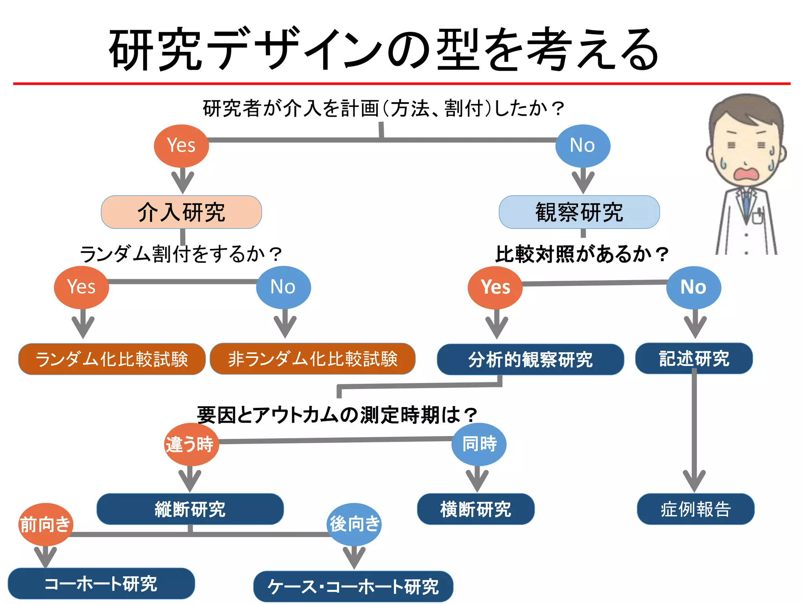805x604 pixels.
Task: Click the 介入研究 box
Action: pyautogui.click(x=181, y=212)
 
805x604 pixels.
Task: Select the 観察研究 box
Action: pyautogui.click(x=579, y=212)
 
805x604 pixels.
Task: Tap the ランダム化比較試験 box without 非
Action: pyautogui.click(x=112, y=359)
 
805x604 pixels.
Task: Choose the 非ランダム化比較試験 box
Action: pyautogui.click(x=312, y=359)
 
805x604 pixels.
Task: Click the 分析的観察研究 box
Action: pyautogui.click(x=530, y=359)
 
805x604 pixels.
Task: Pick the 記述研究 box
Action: pyautogui.click(x=694, y=358)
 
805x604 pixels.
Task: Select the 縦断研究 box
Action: pyautogui.click(x=190, y=509)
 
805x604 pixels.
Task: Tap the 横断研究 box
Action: pyautogui.click(x=476, y=509)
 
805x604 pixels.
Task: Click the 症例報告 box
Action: pyautogui.click(x=695, y=509)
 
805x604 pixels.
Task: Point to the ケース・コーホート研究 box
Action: pyautogui.click(x=353, y=586)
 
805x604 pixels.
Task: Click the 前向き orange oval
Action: pyautogui.click(x=46, y=524)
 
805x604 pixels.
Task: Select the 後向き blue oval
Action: pyautogui.click(x=354, y=524)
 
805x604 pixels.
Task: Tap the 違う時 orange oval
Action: pyautogui.click(x=191, y=444)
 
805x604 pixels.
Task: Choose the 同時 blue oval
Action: pyautogui.click(x=479, y=444)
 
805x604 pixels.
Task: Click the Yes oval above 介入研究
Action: pyautogui.click(x=181, y=145)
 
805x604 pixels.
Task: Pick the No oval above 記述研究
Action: pyautogui.click(x=693, y=287)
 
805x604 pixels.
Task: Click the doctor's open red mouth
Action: pyautogui.click(x=745, y=175)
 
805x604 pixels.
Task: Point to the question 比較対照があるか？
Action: pyautogui.click(x=581, y=254)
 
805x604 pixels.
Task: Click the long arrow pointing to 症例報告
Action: pyautogui.click(x=694, y=433)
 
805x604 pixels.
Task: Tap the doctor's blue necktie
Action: pyautogui.click(x=746, y=204)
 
